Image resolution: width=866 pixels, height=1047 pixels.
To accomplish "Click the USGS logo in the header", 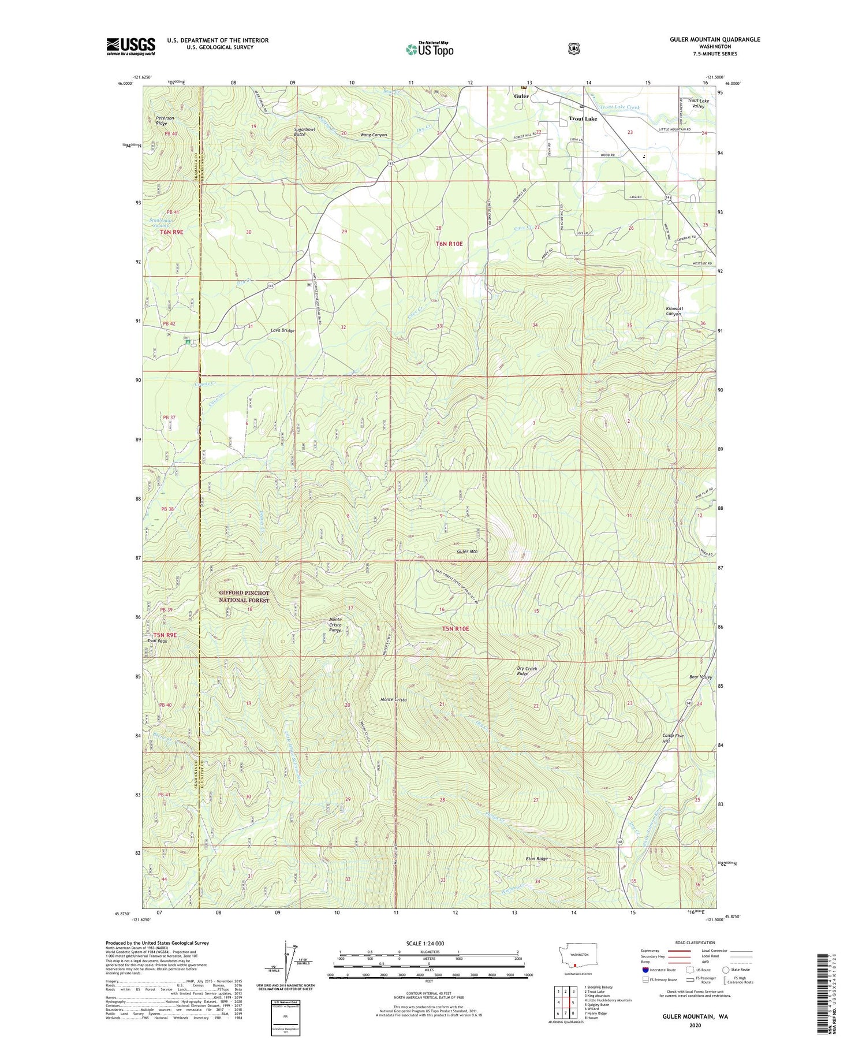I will click(x=130, y=46).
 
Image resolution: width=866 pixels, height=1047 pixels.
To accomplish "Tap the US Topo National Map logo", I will click(x=430, y=49).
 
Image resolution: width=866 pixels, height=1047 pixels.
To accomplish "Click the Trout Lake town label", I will click(x=583, y=118).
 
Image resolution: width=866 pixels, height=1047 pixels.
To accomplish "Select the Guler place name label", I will click(x=521, y=96).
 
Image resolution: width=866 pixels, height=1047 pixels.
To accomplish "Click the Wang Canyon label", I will click(x=373, y=135).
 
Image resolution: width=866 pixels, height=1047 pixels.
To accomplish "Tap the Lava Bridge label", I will click(x=282, y=330).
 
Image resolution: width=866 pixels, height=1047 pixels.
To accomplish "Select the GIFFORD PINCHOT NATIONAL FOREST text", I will click(x=244, y=597).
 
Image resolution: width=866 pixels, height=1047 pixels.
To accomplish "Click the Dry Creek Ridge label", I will click(x=526, y=671).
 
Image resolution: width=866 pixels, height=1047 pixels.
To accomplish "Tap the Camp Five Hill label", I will click(x=672, y=739).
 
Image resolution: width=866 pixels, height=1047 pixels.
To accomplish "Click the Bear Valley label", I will click(x=700, y=677).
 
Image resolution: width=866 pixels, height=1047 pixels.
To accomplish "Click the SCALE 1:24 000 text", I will click(x=425, y=943).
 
